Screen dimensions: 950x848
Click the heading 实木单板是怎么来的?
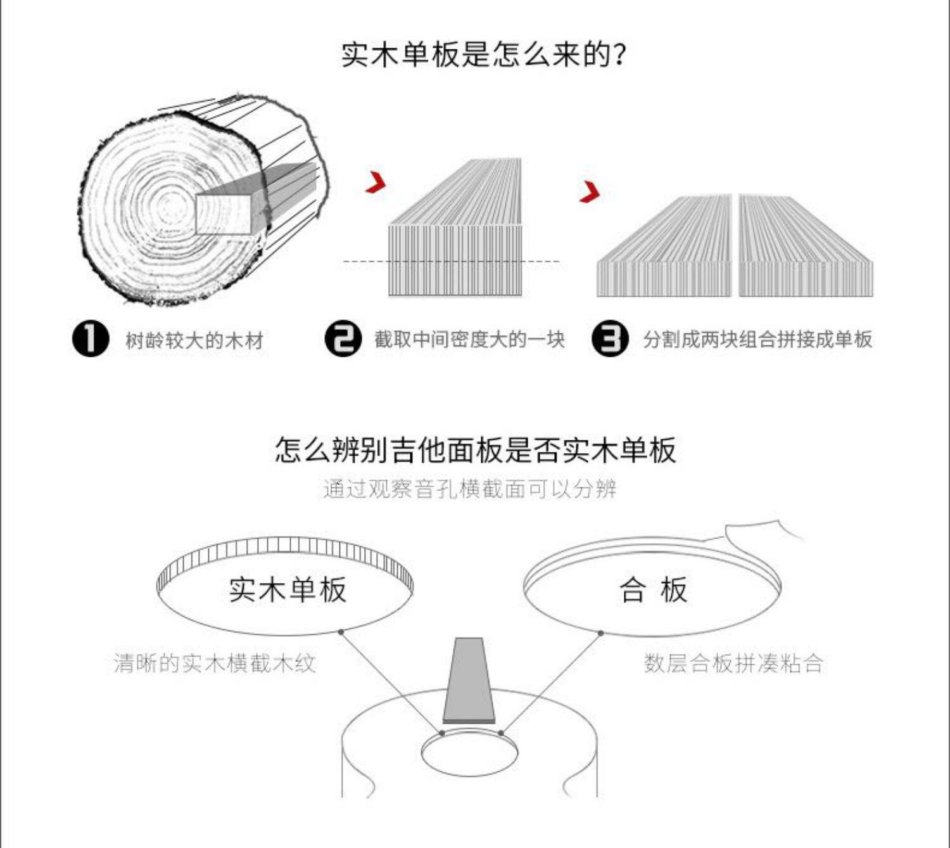(x=484, y=55)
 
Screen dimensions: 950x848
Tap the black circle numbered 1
(x=91, y=339)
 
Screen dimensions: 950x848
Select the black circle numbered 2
(x=343, y=339)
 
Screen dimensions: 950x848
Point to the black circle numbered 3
(x=610, y=339)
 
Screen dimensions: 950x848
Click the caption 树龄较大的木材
(x=194, y=340)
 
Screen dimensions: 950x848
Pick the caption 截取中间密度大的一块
(x=469, y=340)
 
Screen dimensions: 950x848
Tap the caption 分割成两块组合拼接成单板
(x=757, y=340)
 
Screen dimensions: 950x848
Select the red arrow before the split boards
(x=590, y=192)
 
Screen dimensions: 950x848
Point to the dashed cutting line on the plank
(x=451, y=261)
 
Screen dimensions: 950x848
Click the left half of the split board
(x=665, y=254)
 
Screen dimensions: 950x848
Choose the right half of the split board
(x=804, y=254)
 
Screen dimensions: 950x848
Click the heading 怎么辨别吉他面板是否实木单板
(x=475, y=450)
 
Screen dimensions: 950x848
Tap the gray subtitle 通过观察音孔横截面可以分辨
(x=469, y=489)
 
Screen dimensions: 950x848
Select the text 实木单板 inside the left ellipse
(x=288, y=589)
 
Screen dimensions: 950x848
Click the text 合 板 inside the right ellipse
(x=653, y=589)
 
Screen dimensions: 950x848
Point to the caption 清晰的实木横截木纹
(x=215, y=664)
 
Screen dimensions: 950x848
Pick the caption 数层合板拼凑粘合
(x=733, y=664)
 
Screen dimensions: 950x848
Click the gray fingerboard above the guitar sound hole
(x=469, y=681)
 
